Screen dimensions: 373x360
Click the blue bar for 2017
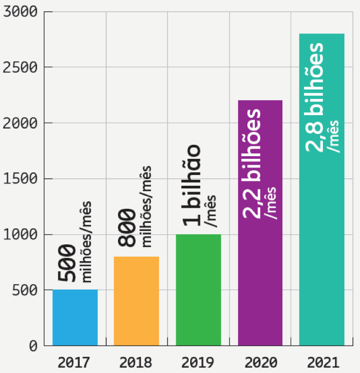click(75, 318)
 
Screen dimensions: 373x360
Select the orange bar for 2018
click(136, 301)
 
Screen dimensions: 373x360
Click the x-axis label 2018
click(136, 361)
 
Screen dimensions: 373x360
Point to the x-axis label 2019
click(198, 361)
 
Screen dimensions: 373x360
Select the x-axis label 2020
click(260, 361)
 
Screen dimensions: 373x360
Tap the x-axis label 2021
click(322, 361)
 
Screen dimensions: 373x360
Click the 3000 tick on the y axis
click(19, 12)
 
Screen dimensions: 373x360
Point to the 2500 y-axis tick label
click(19, 67)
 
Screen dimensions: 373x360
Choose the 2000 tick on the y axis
click(19, 123)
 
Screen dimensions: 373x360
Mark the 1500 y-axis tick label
click(19, 179)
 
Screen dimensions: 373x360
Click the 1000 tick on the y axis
click(19, 235)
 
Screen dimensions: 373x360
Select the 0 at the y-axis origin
click(33, 346)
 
